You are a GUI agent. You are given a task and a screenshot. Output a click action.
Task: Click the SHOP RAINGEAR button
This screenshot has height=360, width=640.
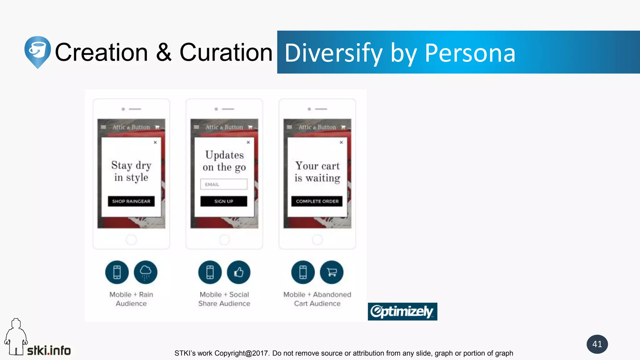click(x=131, y=201)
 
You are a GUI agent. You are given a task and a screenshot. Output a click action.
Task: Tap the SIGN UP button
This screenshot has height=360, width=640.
click(x=224, y=201)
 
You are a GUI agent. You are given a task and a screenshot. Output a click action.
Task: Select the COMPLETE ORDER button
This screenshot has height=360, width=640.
click(x=317, y=201)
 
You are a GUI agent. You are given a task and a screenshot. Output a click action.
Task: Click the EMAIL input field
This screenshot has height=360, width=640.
click(x=224, y=184)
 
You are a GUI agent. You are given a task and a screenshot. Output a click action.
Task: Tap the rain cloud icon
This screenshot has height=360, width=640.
click(x=146, y=272)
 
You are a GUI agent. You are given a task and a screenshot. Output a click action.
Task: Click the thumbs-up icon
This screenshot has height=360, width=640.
click(x=239, y=272)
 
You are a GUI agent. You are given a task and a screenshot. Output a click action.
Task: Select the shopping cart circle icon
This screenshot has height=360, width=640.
click(x=332, y=272)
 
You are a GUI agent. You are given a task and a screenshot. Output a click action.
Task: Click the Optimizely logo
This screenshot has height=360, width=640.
click(x=402, y=312)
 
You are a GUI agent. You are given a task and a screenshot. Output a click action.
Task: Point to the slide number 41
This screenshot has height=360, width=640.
click(x=597, y=344)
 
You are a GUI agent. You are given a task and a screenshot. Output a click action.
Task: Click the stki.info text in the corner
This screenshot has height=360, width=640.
click(x=49, y=351)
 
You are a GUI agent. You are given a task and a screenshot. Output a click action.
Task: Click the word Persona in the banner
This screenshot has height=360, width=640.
click(x=470, y=53)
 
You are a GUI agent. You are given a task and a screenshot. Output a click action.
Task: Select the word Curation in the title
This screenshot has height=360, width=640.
click(x=226, y=52)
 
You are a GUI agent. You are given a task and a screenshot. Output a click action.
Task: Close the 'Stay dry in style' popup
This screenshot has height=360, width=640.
click(x=155, y=142)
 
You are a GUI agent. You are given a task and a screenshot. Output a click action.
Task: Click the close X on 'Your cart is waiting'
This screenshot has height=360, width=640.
click(x=341, y=142)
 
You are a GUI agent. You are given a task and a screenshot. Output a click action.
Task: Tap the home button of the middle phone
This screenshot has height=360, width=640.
click(x=224, y=240)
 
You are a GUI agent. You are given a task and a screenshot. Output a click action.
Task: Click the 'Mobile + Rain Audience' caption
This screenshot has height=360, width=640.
click(x=131, y=299)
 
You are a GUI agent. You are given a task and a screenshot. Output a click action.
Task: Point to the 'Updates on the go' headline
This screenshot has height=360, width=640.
click(x=224, y=161)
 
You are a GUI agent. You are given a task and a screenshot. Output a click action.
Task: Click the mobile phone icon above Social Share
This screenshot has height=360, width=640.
click(x=210, y=272)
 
